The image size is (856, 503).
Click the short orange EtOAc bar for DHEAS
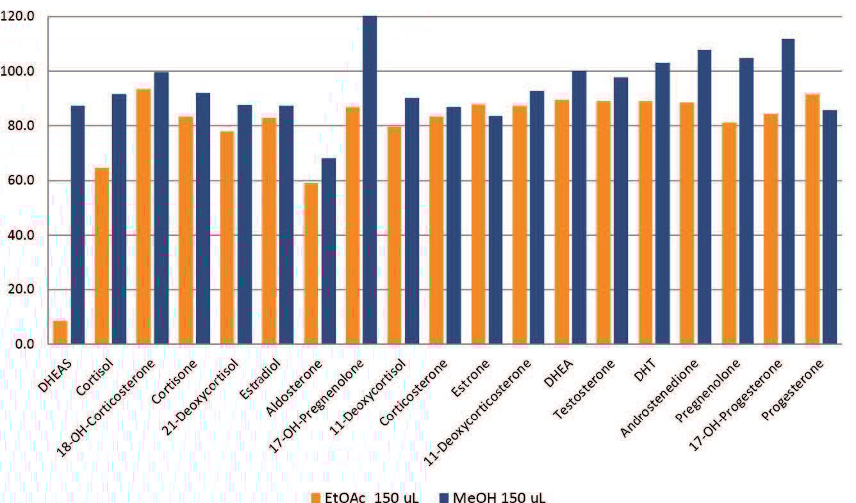tap(60, 332)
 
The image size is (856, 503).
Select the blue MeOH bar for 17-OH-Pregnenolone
tap(370, 179)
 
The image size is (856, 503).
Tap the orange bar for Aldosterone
tap(311, 263)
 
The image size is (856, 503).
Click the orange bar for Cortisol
tap(102, 256)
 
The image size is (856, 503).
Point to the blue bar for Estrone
tap(495, 229)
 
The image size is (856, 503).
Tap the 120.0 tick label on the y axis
tap(19, 16)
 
